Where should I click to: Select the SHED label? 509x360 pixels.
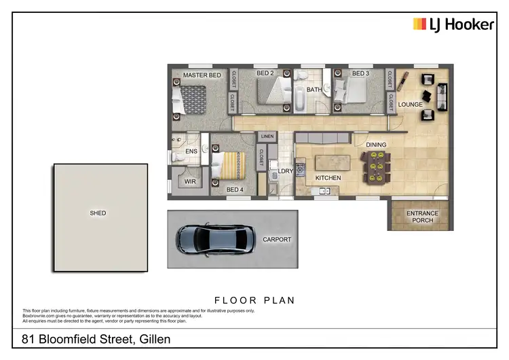[x=98, y=213]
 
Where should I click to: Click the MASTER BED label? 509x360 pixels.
[x=202, y=75]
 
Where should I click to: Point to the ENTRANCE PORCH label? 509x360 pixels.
[x=422, y=217]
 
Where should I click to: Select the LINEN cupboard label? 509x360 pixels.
[x=267, y=137]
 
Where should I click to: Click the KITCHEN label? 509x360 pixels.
[x=328, y=178]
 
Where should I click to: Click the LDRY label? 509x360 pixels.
[x=285, y=171]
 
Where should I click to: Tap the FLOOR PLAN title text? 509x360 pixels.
[x=254, y=300]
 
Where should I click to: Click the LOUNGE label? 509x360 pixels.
[x=410, y=105]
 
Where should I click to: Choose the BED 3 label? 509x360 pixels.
[x=360, y=73]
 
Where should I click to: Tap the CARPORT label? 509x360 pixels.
[x=276, y=240]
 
